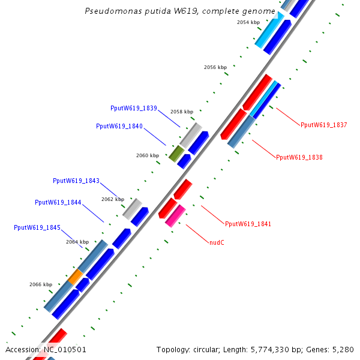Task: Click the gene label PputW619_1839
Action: pos(134,108)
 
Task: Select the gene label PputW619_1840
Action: pos(119,126)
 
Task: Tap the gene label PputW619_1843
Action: pos(76,181)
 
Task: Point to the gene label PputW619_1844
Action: pos(58,202)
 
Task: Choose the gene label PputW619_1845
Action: pos(37,227)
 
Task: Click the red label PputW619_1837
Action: pos(324,125)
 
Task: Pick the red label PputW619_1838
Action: pos(299,157)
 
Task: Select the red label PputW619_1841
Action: pos(248,224)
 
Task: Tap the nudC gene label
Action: pos(217,242)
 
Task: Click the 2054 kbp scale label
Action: pos(248,22)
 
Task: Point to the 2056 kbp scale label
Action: pos(215,67)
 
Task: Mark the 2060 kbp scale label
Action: pos(148,155)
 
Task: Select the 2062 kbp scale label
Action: pos(113,199)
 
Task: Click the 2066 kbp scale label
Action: pos(41,284)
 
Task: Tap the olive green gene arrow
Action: pos(176,154)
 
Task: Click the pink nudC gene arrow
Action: pos(175,215)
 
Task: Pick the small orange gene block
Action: pos(75,277)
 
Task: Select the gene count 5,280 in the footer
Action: pos(343,349)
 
